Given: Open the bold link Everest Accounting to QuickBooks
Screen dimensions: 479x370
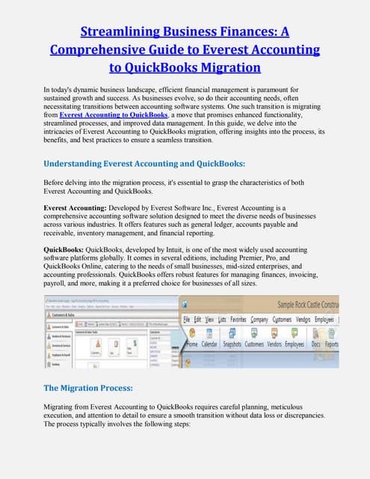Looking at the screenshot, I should [x=113, y=115].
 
